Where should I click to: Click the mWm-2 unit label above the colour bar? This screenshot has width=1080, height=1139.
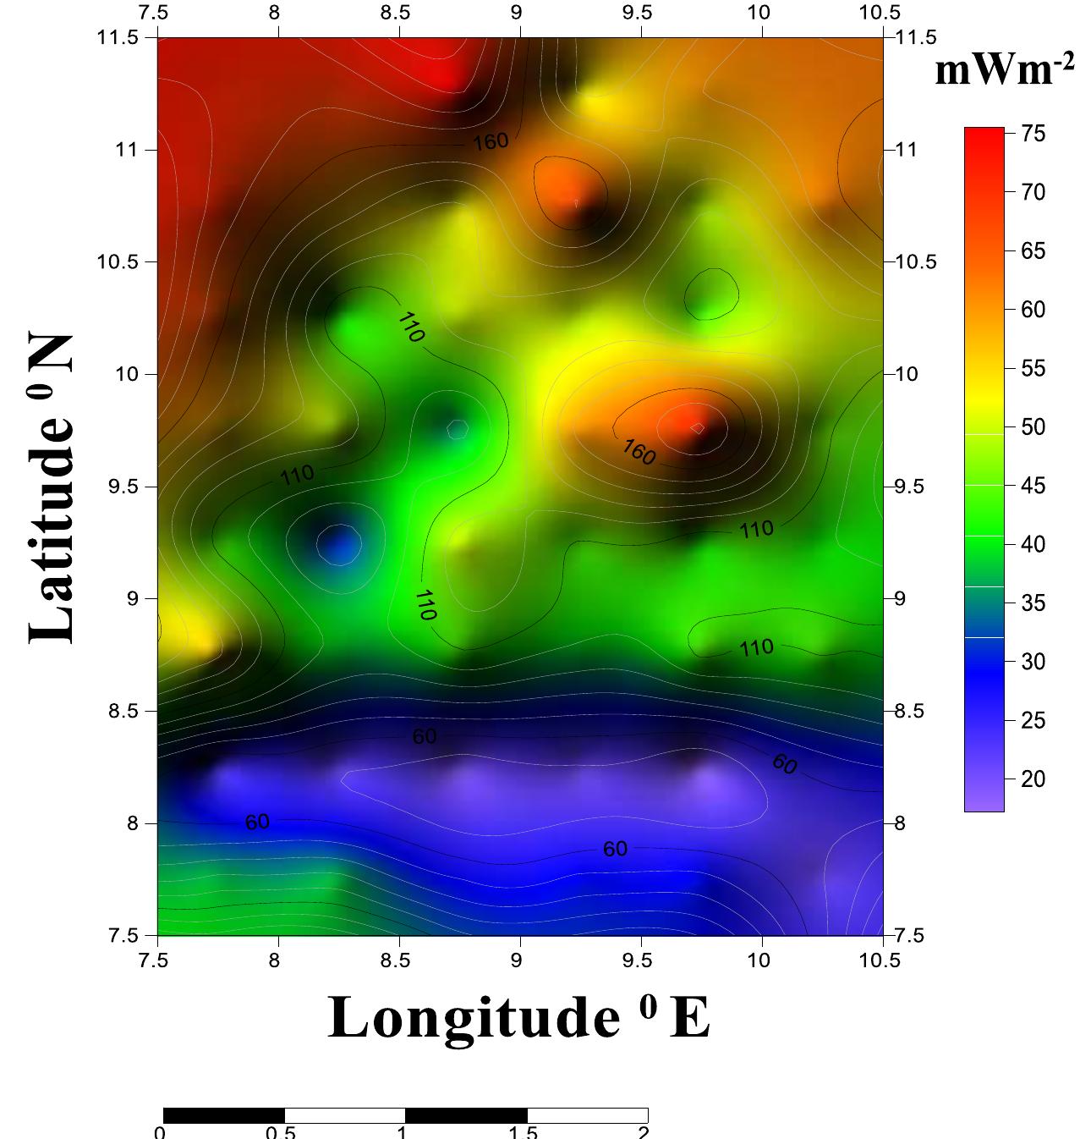1005,69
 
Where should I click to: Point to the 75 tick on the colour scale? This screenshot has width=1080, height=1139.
1033,134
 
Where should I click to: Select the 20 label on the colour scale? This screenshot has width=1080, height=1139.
1033,779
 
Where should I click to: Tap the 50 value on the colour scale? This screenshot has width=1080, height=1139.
1033,427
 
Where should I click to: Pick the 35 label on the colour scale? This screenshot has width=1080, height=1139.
1033,603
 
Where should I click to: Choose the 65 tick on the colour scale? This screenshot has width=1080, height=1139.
1033,251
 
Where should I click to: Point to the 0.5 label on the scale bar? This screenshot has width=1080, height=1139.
280,1132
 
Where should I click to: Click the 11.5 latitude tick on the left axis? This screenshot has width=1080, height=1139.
123,37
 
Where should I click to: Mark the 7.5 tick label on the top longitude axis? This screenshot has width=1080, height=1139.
157,14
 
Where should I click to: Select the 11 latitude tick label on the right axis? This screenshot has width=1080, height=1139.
906,150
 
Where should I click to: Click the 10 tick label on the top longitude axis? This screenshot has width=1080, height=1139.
759,14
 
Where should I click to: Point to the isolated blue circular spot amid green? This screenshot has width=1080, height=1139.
338,543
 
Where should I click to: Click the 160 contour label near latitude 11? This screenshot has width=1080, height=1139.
491,141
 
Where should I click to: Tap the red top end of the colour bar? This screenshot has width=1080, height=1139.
984,135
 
